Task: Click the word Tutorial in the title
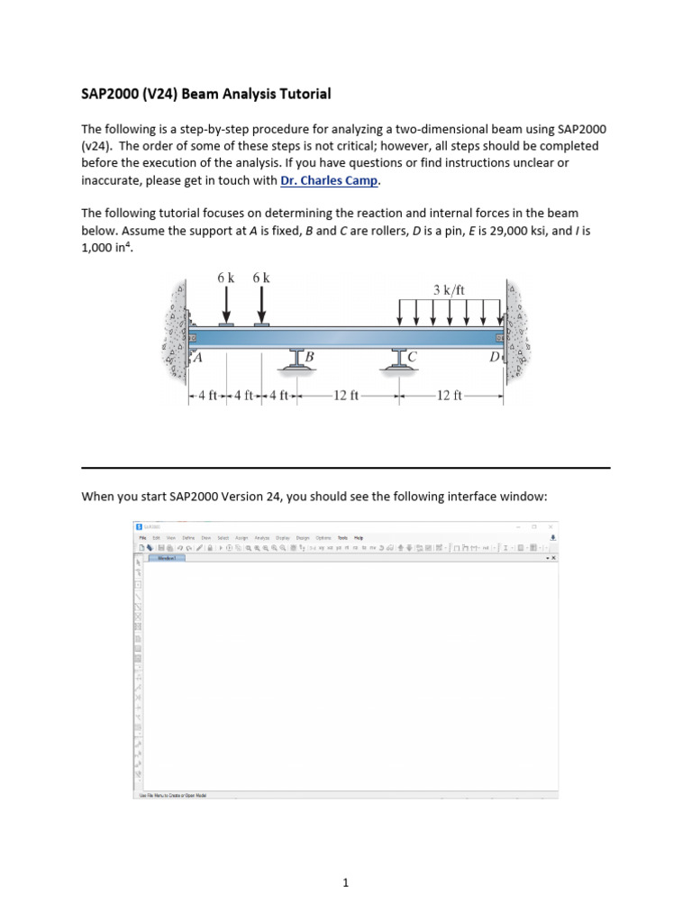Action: click(x=304, y=94)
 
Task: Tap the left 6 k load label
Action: click(x=225, y=279)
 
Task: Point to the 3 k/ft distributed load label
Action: click(x=449, y=290)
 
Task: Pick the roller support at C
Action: click(x=397, y=358)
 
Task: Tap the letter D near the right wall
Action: click(x=494, y=358)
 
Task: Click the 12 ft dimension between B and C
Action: click(x=346, y=395)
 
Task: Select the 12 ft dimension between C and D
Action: click(x=448, y=395)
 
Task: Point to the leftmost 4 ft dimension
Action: click(x=207, y=395)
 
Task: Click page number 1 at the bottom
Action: click(x=345, y=858)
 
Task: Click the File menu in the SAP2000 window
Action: click(x=141, y=537)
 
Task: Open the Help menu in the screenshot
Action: click(x=358, y=537)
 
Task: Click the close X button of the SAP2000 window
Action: click(x=551, y=526)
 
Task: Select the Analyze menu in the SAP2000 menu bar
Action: click(x=261, y=537)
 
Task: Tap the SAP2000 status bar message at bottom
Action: click(x=171, y=795)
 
